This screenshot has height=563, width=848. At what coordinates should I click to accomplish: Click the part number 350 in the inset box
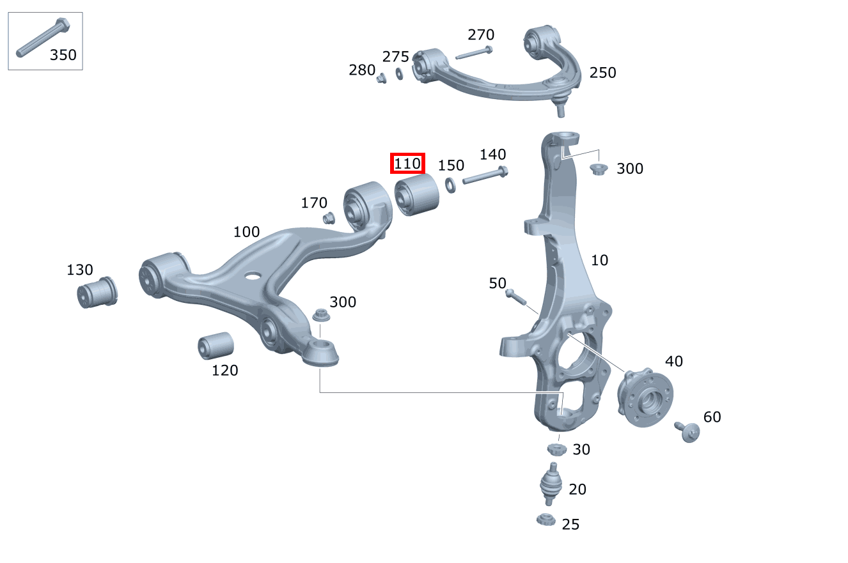[63, 55]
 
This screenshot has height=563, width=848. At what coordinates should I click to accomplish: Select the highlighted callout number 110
[407, 164]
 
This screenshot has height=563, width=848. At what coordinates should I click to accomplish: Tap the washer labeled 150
[450, 185]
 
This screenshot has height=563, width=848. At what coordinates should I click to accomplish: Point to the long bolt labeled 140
[485, 176]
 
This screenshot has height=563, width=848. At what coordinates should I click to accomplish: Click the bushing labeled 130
[97, 293]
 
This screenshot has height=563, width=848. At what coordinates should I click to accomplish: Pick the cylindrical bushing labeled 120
[216, 346]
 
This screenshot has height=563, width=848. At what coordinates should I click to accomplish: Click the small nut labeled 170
[329, 218]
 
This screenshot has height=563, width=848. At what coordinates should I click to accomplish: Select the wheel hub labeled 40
[645, 397]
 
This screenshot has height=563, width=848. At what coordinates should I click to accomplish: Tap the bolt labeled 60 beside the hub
[687, 432]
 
